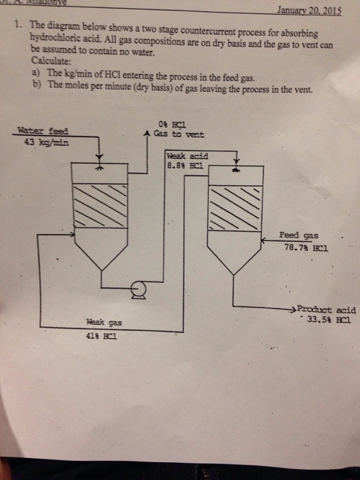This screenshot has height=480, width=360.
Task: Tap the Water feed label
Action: point(43,131)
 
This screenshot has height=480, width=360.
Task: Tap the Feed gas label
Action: point(298,235)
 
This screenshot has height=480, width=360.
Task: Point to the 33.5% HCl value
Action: point(326,320)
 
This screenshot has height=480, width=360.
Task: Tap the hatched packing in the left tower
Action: point(100,206)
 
